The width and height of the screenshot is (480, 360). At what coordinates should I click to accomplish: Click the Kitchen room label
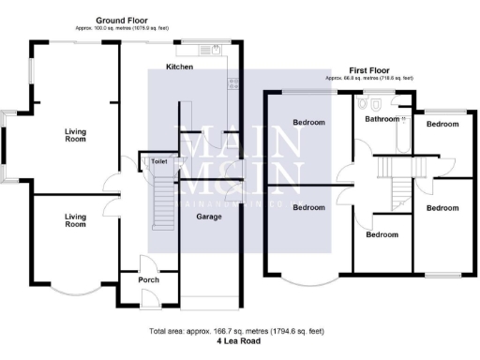tap(179, 67)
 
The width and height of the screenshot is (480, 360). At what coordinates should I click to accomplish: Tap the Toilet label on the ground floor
tap(157, 162)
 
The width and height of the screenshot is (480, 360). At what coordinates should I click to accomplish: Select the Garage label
tap(208, 217)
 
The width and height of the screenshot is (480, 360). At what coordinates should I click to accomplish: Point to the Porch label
tap(148, 280)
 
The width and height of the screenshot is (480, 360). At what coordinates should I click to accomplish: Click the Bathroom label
tap(382, 119)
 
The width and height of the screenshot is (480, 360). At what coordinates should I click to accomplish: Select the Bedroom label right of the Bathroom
tap(442, 124)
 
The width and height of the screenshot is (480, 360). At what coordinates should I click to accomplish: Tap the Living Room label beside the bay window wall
tap(75, 136)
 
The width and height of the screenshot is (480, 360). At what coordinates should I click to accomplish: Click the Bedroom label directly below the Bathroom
tap(382, 235)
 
